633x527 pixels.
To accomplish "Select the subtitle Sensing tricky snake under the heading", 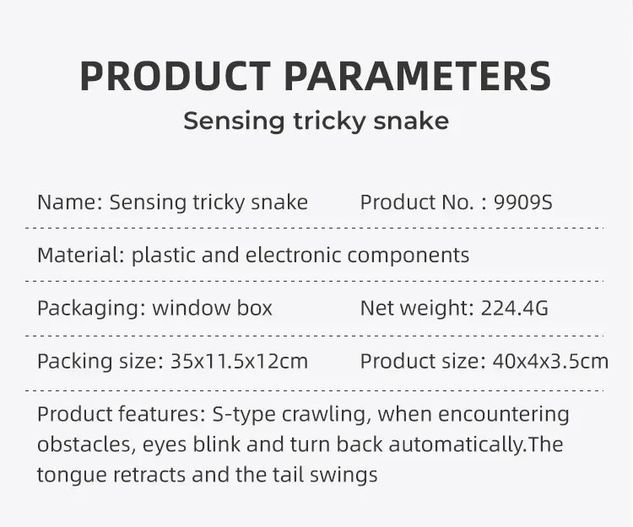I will click(x=316, y=121).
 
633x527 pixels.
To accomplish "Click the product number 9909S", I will click(x=522, y=202).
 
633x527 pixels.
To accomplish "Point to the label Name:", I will click(x=70, y=202).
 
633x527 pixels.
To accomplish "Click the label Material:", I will click(x=81, y=255).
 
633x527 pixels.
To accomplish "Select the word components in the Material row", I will click(x=408, y=255).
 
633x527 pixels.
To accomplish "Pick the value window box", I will click(x=212, y=308).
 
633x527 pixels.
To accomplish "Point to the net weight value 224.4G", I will click(x=514, y=308).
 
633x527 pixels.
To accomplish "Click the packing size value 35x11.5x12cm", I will click(x=239, y=362).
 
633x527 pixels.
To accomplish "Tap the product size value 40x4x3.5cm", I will click(x=549, y=362).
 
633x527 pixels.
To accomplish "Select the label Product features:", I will click(x=116, y=415).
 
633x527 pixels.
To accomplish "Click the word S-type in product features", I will click(x=236, y=415).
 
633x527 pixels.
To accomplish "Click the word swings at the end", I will click(x=348, y=475).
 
